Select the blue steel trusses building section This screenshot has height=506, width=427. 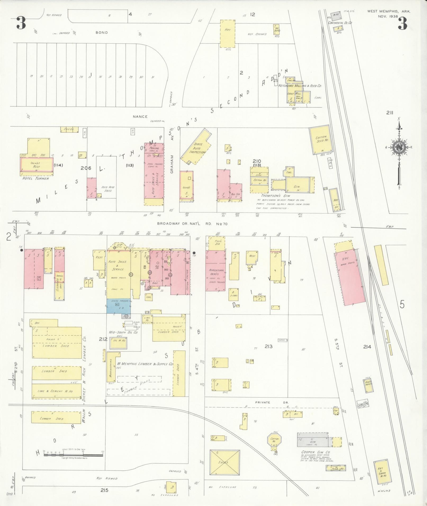tap(119, 306)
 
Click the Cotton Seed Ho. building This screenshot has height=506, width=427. tap(320, 140)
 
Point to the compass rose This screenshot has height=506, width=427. tap(399, 148)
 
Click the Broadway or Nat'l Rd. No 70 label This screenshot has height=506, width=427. tap(192, 224)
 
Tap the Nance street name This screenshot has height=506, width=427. tap(140, 116)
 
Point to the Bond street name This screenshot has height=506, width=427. tap(102, 33)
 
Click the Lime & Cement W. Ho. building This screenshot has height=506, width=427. tap(57, 391)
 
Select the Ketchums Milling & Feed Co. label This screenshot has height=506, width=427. tap(299, 86)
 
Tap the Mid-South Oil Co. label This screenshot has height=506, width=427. tap(123, 332)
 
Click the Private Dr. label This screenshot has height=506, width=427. tap(263, 402)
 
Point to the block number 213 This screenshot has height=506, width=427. tap(268, 346)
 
